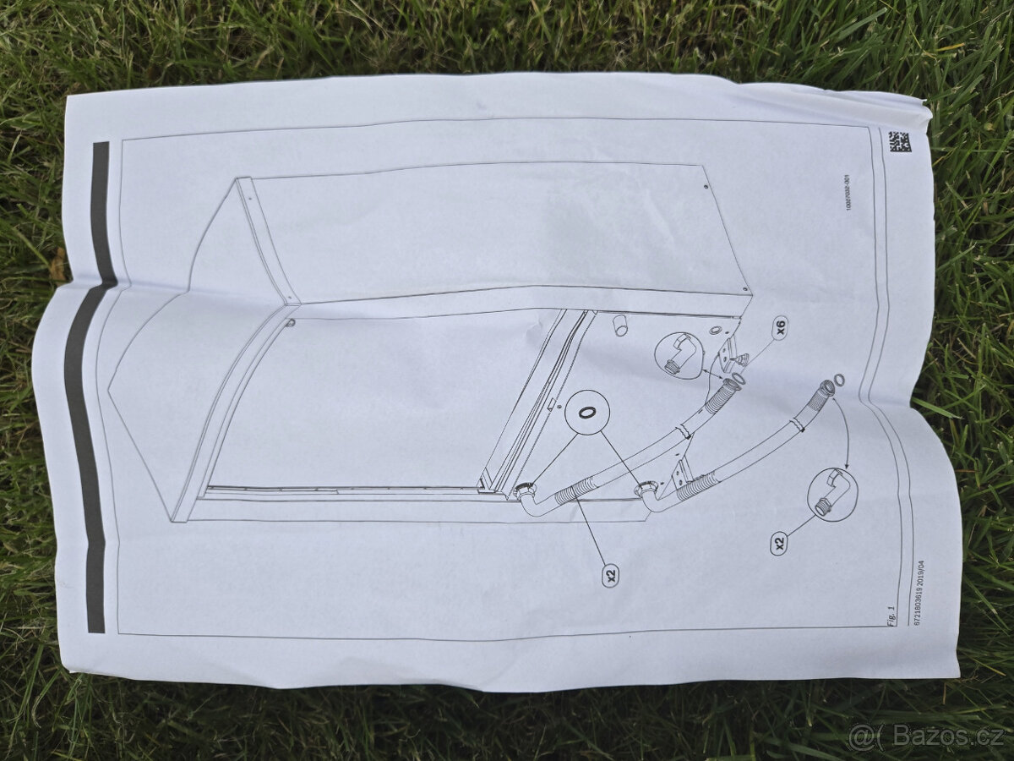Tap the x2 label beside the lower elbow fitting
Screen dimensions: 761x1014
[780, 542]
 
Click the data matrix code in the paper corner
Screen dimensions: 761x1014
[898, 141]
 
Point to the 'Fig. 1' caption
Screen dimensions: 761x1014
[891, 616]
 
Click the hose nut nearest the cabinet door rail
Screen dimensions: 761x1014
[525, 490]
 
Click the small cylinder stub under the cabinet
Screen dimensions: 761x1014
[621, 324]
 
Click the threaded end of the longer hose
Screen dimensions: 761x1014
[825, 389]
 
